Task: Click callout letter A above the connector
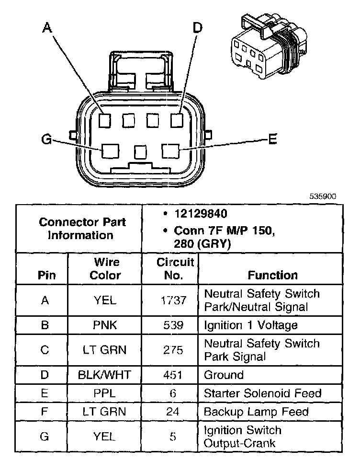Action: click(46, 28)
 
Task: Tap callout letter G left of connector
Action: click(46, 139)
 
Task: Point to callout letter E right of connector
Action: click(272, 139)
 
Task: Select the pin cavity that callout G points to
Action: click(111, 151)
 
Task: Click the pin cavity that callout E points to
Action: click(170, 151)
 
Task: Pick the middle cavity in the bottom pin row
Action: click(140, 152)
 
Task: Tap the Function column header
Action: click(272, 275)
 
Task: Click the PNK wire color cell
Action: click(105, 325)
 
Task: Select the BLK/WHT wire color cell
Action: click(105, 375)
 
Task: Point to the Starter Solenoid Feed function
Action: click(262, 393)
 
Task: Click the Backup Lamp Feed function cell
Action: click(256, 412)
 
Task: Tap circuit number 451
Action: click(170, 375)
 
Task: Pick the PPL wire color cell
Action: click(105, 393)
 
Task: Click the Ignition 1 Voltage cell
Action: click(251, 325)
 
